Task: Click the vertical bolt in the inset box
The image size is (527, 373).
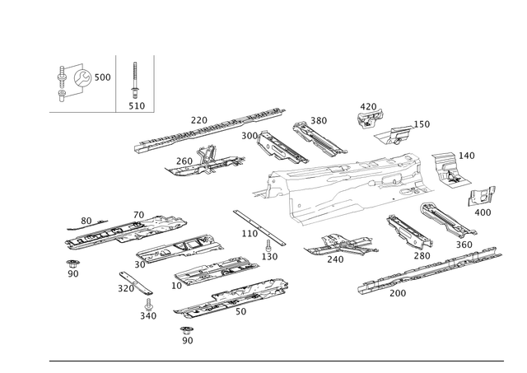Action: coord(136,82)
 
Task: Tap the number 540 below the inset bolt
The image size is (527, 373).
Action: coord(137,105)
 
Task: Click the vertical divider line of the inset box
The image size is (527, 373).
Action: coord(114,82)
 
